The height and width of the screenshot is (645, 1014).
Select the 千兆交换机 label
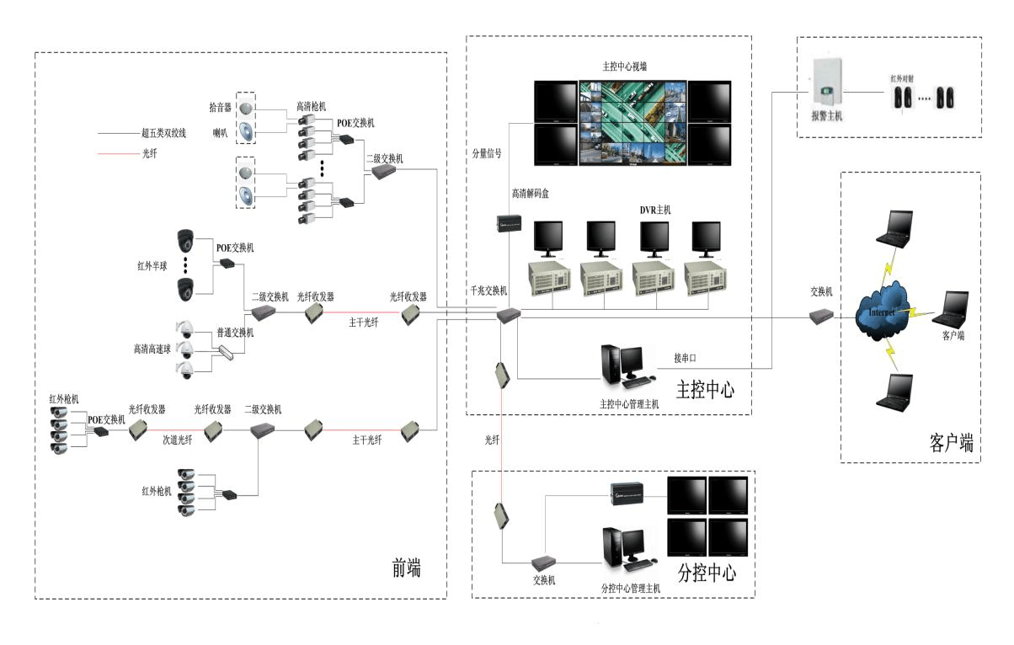pyautogui.click(x=488, y=291)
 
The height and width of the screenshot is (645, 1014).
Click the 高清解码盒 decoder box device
pyautogui.click(x=511, y=224)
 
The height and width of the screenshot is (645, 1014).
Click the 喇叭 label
pyautogui.click(x=221, y=132)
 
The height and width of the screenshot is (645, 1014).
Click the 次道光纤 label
pyautogui.click(x=178, y=440)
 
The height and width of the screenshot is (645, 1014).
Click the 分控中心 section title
pyautogui.click(x=706, y=573)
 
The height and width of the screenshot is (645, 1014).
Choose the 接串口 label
pyautogui.click(x=685, y=358)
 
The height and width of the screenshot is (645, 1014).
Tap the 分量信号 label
pyautogui.click(x=487, y=153)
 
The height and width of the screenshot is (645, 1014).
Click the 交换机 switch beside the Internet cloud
pyautogui.click(x=821, y=317)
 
